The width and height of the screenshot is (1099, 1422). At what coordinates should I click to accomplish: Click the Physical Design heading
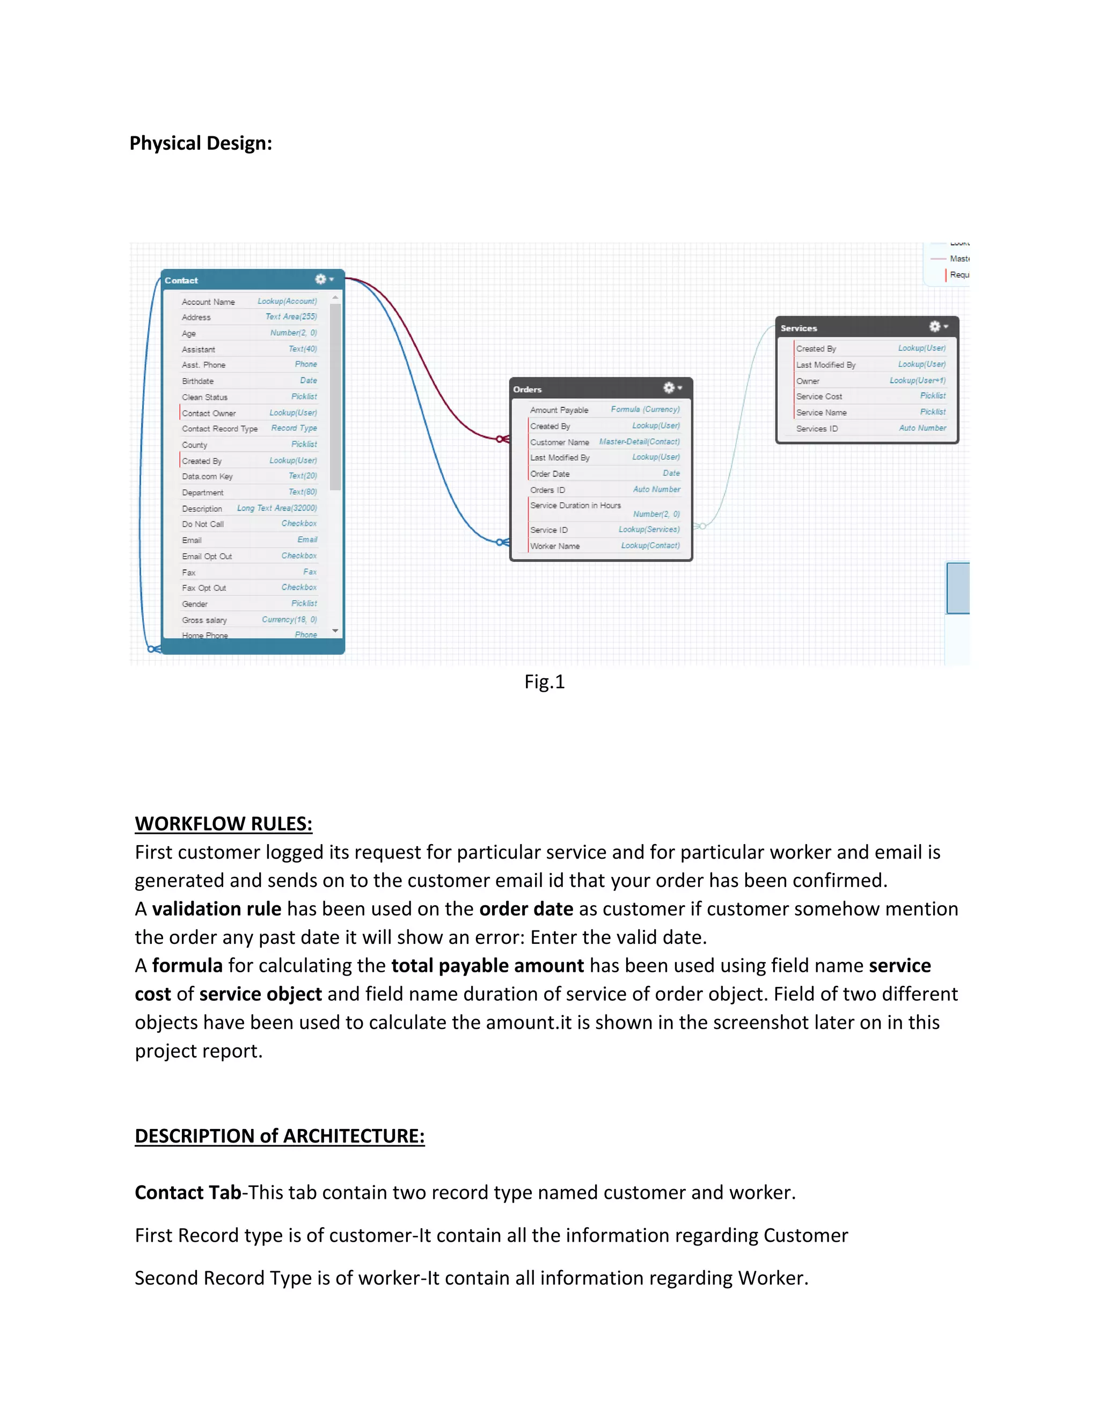point(201,143)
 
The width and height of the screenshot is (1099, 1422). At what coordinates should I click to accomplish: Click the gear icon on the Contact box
point(321,280)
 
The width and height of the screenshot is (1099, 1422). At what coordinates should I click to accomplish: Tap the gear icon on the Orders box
point(669,388)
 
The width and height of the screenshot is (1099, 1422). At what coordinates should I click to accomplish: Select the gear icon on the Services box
point(935,327)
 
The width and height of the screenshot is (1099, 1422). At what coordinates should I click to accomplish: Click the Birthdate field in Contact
point(198,381)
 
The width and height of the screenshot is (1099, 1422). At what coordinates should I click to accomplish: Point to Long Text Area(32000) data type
point(277,508)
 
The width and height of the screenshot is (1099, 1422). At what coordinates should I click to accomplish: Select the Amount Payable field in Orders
point(559,410)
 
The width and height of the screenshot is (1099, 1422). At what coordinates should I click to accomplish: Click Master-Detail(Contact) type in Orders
point(639,442)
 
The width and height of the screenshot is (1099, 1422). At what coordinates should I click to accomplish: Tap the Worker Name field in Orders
point(555,546)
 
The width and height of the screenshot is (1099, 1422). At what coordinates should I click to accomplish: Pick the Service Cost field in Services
point(819,397)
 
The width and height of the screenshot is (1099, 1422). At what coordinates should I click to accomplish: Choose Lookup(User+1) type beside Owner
point(917,380)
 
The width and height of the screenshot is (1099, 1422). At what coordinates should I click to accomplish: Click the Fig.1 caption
point(544,681)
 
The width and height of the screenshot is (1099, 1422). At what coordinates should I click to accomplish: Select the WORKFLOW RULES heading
point(223,824)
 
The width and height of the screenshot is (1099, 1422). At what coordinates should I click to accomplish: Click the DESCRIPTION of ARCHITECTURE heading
point(279,1135)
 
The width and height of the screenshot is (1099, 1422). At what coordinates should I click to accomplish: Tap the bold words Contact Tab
point(187,1192)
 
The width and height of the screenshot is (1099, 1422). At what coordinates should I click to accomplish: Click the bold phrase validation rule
point(217,908)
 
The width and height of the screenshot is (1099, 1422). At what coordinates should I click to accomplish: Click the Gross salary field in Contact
point(204,620)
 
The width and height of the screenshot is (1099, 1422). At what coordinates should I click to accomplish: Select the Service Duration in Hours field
point(576,505)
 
